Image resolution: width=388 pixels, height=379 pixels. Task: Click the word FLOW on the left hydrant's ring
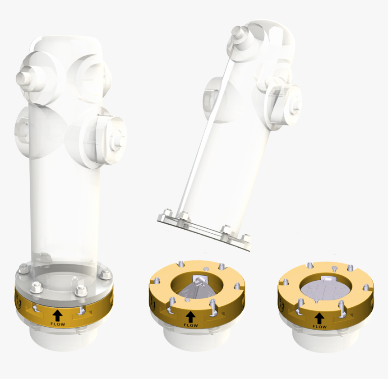point(58,324)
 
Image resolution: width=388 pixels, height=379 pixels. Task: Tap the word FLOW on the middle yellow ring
point(190,325)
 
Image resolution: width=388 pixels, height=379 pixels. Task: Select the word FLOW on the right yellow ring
point(319,326)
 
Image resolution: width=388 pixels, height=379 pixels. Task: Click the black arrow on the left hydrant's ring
point(58,314)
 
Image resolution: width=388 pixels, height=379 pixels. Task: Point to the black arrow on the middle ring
point(190,316)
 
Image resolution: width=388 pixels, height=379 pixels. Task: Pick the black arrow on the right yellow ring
point(319,317)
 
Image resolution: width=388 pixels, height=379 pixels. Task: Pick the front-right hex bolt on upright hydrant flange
point(81,291)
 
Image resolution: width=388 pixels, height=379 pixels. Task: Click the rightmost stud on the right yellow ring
point(365,288)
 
